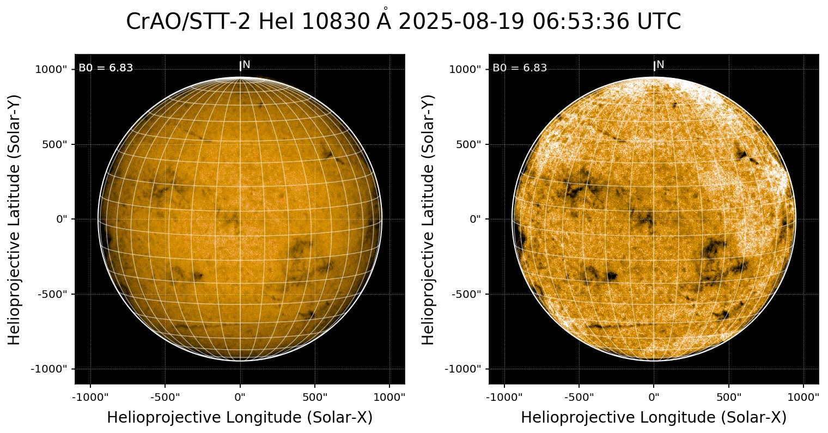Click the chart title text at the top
[403, 22]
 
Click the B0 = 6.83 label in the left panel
[106, 68]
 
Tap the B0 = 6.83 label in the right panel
[520, 68]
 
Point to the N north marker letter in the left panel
[246, 65]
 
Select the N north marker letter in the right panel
[660, 65]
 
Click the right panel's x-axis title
[654, 418]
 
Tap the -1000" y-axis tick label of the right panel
[463, 369]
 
